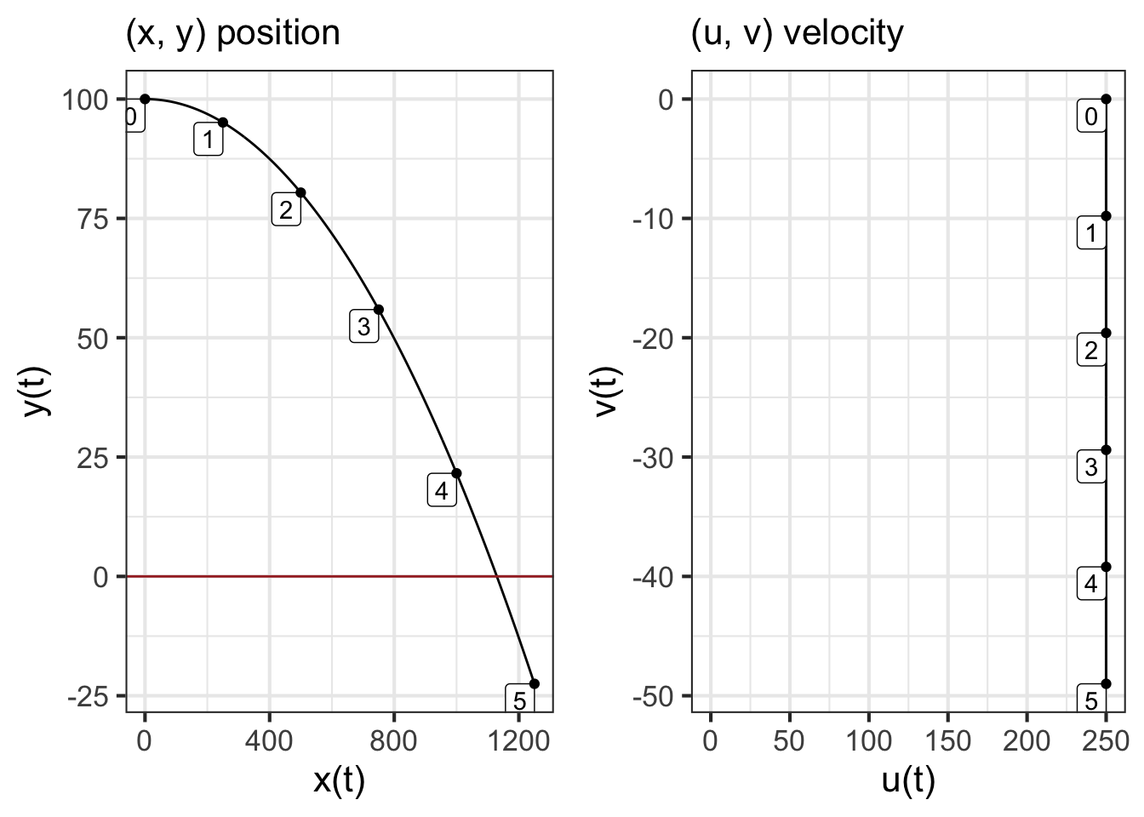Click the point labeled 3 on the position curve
pyautogui.click(x=379, y=310)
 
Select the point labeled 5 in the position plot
pyautogui.click(x=535, y=683)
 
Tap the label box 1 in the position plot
pyautogui.click(x=209, y=140)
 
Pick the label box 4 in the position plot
pyautogui.click(x=441, y=491)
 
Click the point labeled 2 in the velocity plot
pyautogui.click(x=1106, y=333)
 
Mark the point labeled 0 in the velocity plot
pyautogui.click(x=1106, y=99)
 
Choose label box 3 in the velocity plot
pyautogui.click(x=1091, y=467)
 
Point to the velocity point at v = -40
pyautogui.click(x=1106, y=567)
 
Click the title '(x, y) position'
pyautogui.click(x=232, y=33)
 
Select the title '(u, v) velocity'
pyautogui.click(x=797, y=33)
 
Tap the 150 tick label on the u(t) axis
pyautogui.click(x=947, y=741)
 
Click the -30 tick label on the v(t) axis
pyautogui.click(x=652, y=458)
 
